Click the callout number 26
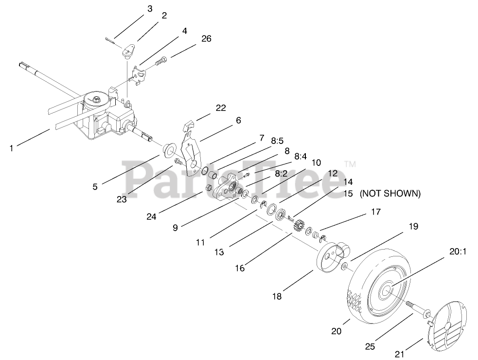(206, 38)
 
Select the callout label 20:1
(458, 252)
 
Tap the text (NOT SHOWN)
(389, 193)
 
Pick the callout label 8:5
(277, 141)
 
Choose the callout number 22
(221, 108)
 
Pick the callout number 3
(150, 8)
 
